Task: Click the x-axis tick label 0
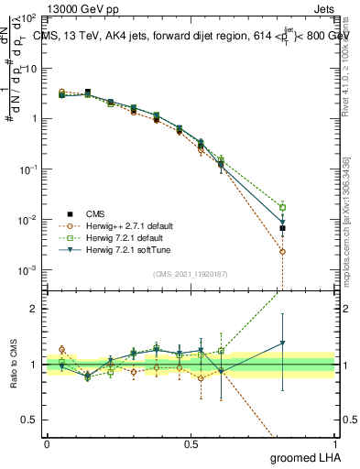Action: click(x=47, y=443)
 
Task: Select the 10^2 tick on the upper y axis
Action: click(x=28, y=19)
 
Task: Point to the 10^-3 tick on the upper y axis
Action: click(x=28, y=271)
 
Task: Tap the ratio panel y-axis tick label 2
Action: click(x=37, y=309)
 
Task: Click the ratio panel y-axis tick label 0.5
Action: click(x=32, y=421)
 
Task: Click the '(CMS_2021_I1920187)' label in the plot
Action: click(x=191, y=274)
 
